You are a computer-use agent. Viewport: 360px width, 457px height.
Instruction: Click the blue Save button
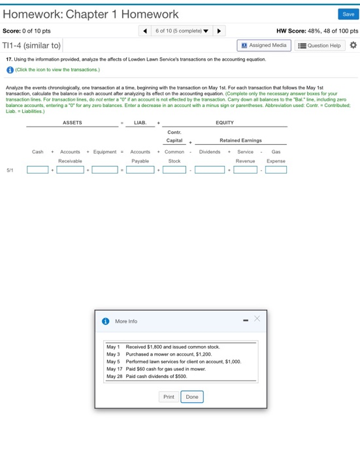(x=348, y=14)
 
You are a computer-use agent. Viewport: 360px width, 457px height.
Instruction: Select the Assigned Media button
(x=264, y=46)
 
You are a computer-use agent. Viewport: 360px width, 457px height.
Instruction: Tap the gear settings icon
(x=353, y=46)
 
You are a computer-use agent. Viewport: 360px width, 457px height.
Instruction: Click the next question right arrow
(x=219, y=31)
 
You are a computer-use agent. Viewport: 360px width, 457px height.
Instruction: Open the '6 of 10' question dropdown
(x=182, y=31)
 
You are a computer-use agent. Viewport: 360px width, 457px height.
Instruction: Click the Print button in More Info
(x=169, y=397)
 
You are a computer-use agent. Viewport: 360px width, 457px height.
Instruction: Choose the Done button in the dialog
(x=192, y=397)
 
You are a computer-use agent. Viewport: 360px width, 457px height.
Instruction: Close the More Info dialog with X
(x=257, y=319)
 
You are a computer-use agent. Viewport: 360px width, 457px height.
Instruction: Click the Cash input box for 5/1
(x=37, y=170)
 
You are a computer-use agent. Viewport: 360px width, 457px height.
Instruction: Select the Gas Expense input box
(x=276, y=170)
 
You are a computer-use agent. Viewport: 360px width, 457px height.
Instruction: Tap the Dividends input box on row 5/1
(x=210, y=170)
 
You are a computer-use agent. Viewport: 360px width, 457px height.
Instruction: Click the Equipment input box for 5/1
(x=105, y=170)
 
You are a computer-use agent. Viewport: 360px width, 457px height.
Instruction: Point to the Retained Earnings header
(x=240, y=140)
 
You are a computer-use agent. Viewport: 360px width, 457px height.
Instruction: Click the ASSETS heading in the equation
(x=73, y=123)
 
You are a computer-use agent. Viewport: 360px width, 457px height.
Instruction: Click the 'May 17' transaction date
(x=114, y=369)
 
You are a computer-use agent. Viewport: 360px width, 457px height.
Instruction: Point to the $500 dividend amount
(x=180, y=377)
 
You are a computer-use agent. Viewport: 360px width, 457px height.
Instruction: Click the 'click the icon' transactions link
(x=57, y=69)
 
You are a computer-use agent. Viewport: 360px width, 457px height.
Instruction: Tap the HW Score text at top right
(x=318, y=31)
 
